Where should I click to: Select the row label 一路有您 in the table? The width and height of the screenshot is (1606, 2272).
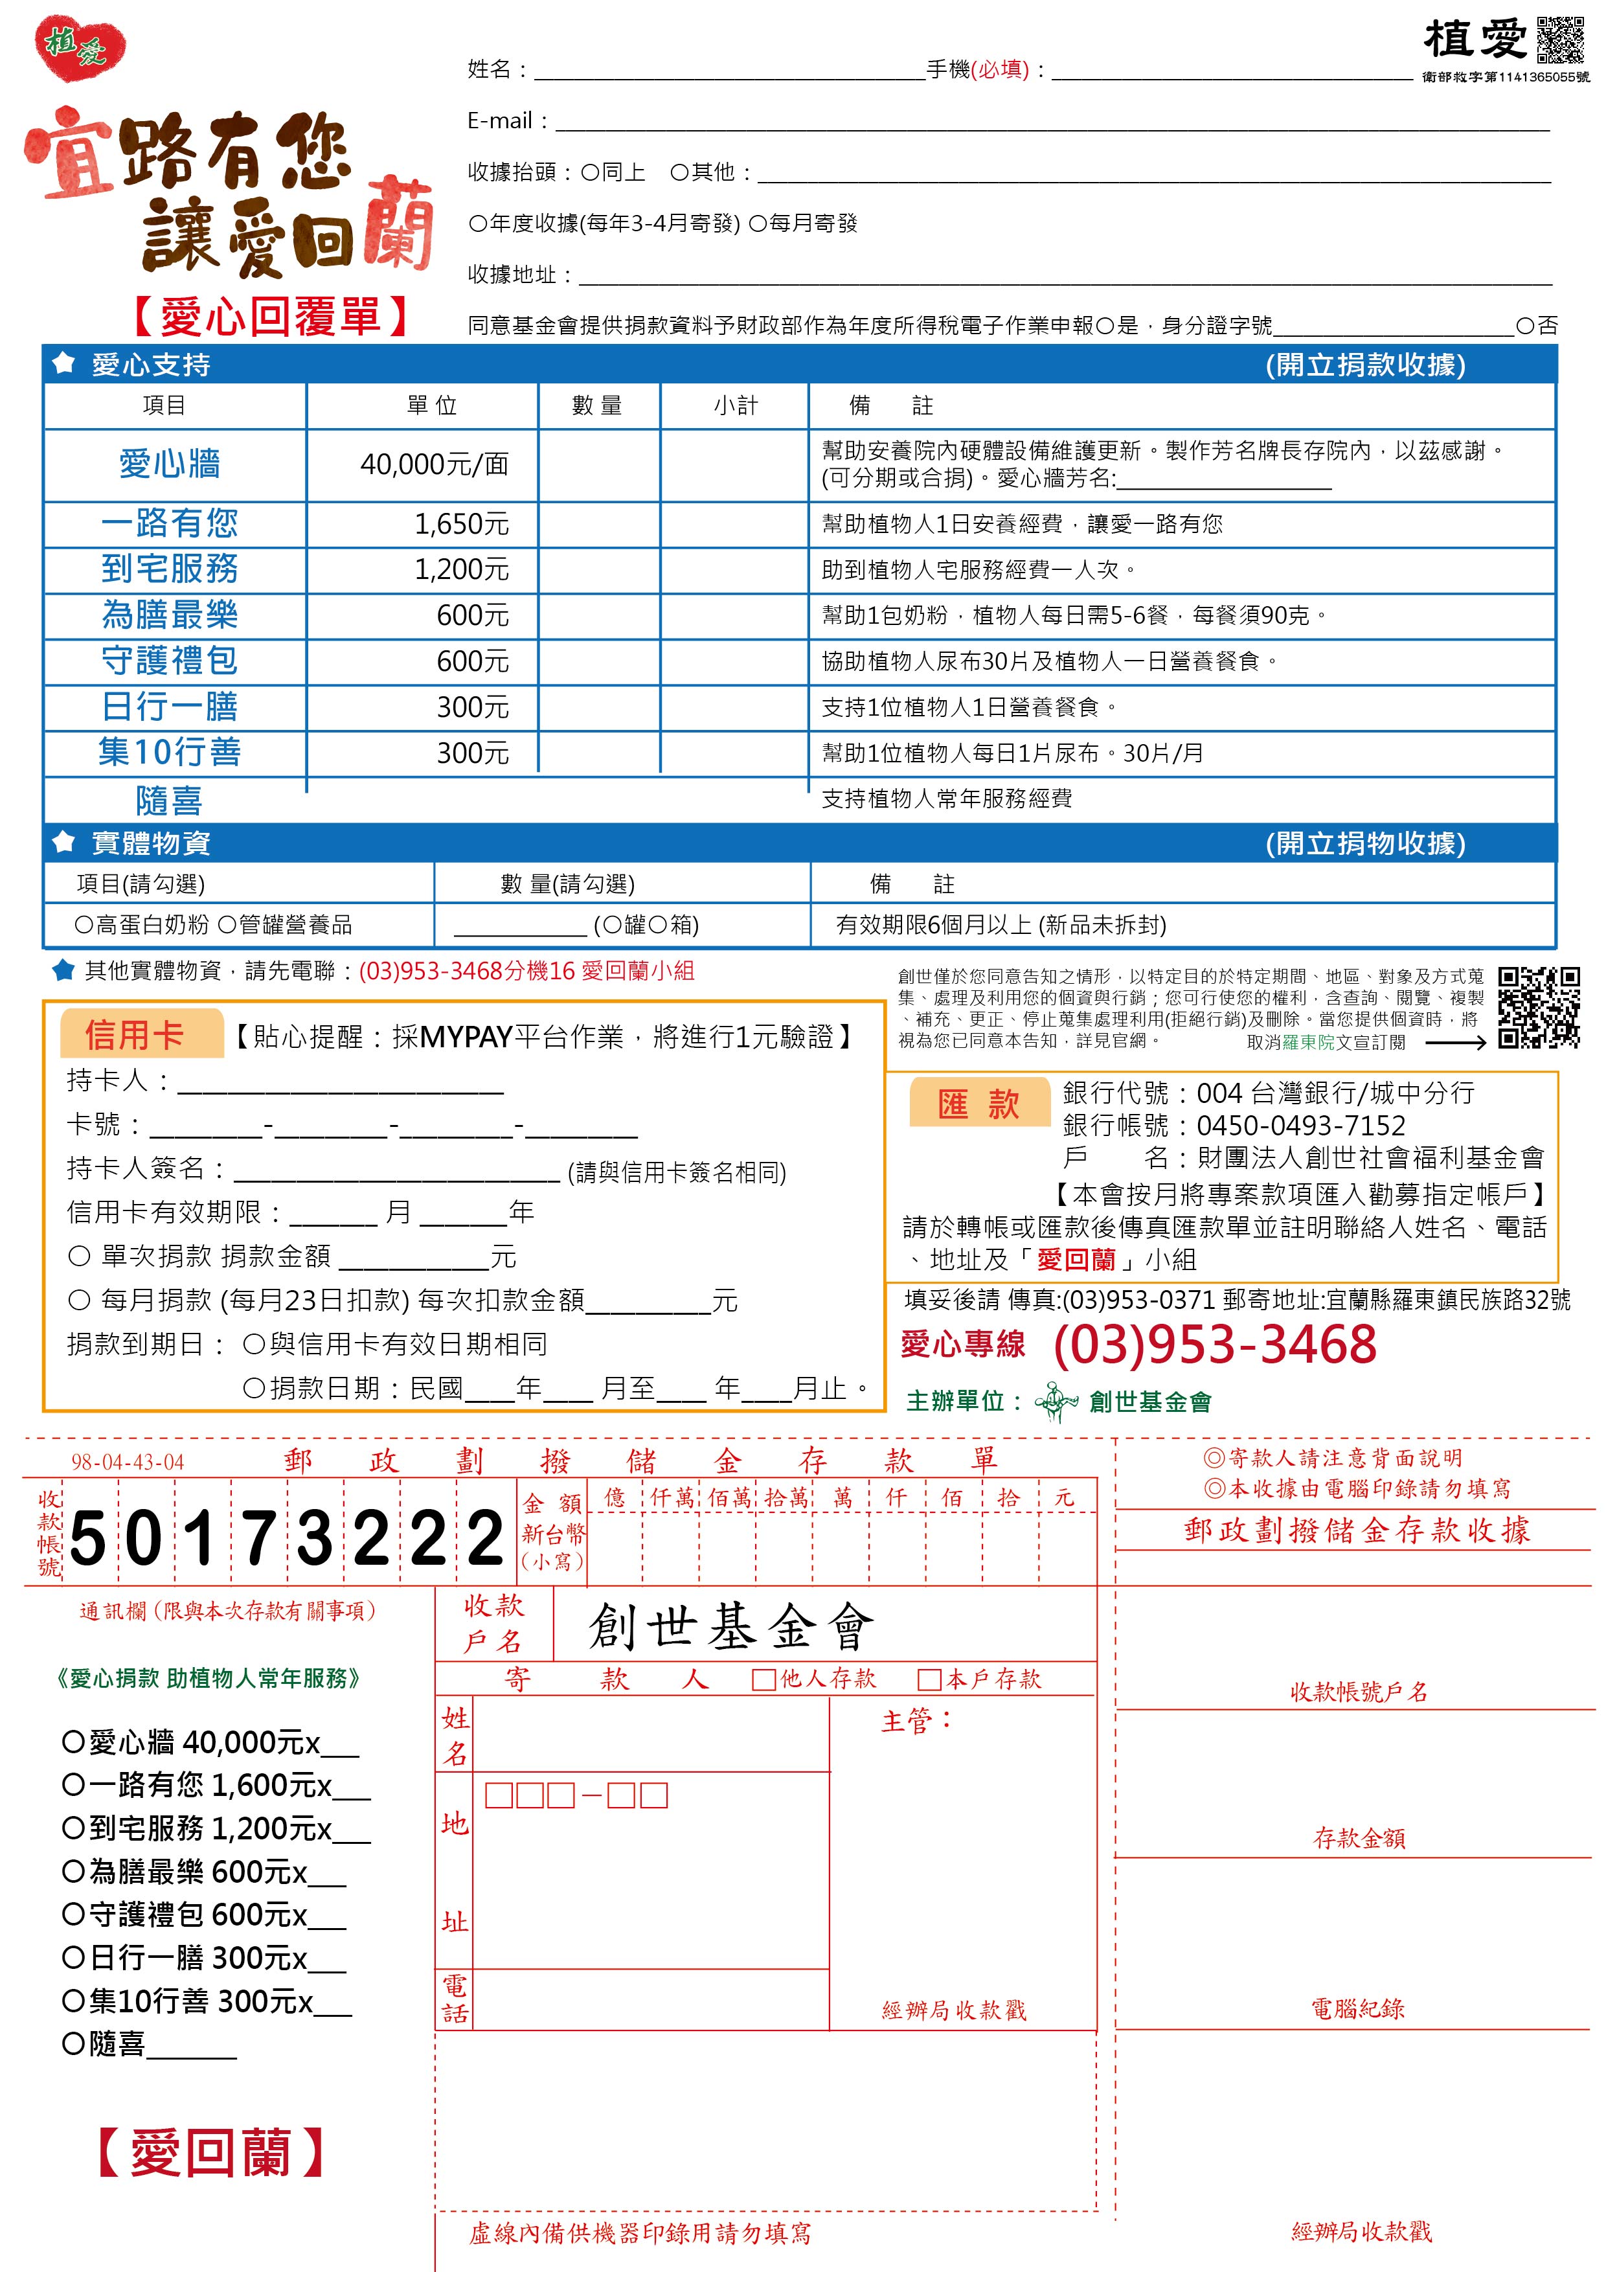click(x=169, y=523)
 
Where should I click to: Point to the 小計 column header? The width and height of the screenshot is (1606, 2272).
click(x=735, y=405)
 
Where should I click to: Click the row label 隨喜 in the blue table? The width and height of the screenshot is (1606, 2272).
click(x=169, y=800)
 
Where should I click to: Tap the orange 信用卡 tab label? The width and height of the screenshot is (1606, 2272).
click(x=135, y=1035)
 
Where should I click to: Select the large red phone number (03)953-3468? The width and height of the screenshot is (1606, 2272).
click(x=1214, y=1345)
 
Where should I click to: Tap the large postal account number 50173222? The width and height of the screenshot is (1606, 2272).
click(x=287, y=1539)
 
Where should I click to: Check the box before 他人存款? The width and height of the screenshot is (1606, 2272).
click(x=763, y=1680)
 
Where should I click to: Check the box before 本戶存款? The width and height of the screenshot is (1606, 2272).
click(x=928, y=1680)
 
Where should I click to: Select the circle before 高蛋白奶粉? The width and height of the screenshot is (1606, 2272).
click(x=84, y=926)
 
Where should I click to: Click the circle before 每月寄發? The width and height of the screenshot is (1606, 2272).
click(x=758, y=223)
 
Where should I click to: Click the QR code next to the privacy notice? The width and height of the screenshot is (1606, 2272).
click(x=1538, y=1007)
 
